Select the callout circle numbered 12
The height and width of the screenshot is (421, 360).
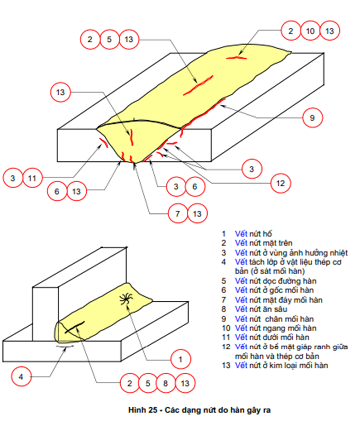(x=281, y=184)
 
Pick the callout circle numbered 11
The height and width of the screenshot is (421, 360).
(x=32, y=178)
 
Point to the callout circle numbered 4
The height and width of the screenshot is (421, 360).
(x=21, y=377)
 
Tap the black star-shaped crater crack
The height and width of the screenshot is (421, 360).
(x=127, y=300)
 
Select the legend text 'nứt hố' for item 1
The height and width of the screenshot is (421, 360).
(x=259, y=234)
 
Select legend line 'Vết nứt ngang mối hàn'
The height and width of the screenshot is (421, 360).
(x=275, y=328)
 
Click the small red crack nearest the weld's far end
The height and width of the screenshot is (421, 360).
(x=236, y=57)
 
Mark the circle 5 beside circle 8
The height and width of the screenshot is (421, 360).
(x=148, y=383)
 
